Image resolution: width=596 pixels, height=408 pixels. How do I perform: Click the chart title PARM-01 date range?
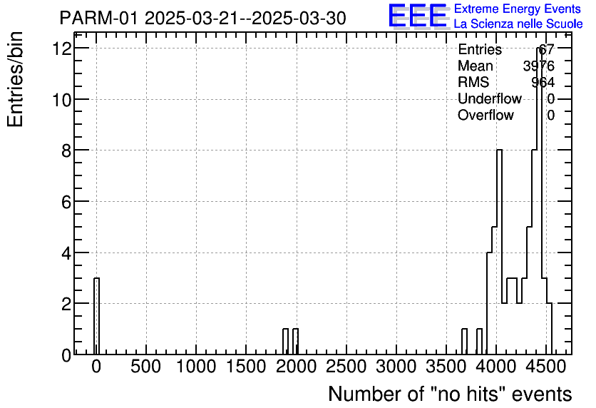pyautogui.click(x=202, y=18)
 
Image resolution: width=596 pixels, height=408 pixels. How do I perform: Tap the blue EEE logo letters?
pyautogui.click(x=418, y=16)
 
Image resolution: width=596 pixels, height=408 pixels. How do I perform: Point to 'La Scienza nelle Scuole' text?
pyautogui.click(x=518, y=24)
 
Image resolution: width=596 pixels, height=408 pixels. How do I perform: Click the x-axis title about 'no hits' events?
pyautogui.click(x=449, y=394)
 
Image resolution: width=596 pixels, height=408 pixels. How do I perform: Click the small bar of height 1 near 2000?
pyautogui.click(x=295, y=342)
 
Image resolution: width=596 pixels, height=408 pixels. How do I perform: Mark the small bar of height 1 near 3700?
pyautogui.click(x=464, y=342)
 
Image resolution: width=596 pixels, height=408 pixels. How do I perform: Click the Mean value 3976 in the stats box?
pyautogui.click(x=538, y=66)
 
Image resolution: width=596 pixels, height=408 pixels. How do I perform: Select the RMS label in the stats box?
pyautogui.click(x=473, y=82)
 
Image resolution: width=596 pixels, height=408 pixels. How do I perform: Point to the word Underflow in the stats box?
pyautogui.click(x=490, y=98)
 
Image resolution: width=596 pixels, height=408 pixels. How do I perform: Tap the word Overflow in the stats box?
pyautogui.click(x=485, y=115)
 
